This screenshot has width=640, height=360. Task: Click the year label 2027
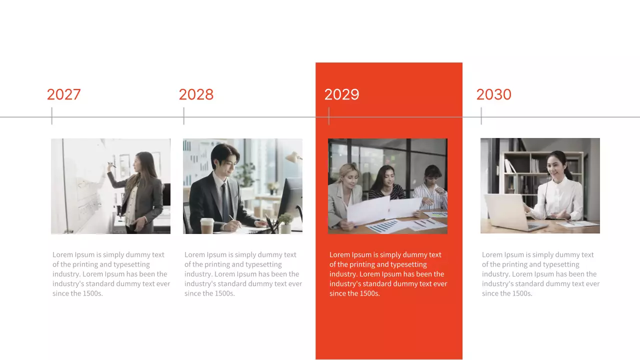tap(63, 94)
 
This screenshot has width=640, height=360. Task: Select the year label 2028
tap(196, 94)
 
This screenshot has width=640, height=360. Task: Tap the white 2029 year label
tap(341, 94)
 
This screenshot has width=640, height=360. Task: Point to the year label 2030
tap(493, 94)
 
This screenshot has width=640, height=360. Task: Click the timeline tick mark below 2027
tap(51, 116)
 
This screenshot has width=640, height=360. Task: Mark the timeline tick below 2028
tap(183, 116)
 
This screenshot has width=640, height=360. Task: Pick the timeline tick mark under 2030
tap(481, 116)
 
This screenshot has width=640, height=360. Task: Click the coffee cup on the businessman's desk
tap(207, 225)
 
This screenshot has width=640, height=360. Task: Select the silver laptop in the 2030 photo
tap(507, 212)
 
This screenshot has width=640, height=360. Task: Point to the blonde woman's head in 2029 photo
tap(348, 173)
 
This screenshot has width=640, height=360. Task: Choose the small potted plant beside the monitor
tap(285, 222)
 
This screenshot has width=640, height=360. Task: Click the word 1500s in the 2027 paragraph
tap(92, 293)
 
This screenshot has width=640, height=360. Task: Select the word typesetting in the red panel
tap(406, 264)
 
